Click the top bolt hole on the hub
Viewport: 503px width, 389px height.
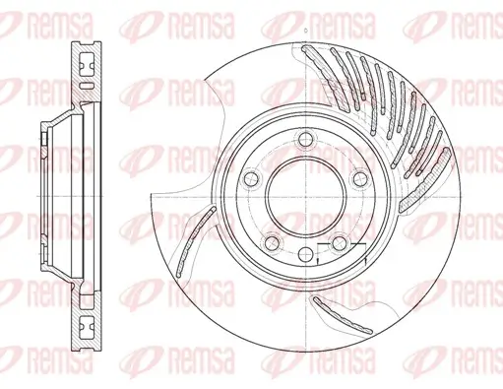[305, 139]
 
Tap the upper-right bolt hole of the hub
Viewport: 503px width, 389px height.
[360, 178]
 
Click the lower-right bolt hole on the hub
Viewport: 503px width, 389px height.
[339, 243]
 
